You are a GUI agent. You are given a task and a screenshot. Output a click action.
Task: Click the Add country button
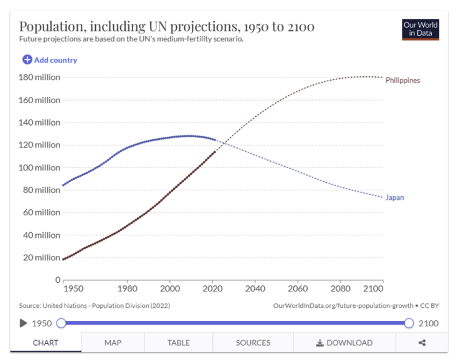[x=50, y=60]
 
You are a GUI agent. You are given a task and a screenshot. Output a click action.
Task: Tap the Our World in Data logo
[x=420, y=29]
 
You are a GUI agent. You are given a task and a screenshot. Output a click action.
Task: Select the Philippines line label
[x=402, y=80]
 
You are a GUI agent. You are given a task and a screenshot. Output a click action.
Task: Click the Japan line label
[x=394, y=198]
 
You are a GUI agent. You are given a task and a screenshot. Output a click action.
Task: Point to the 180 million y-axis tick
[x=39, y=77]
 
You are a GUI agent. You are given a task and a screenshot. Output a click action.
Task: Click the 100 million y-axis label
[x=39, y=167]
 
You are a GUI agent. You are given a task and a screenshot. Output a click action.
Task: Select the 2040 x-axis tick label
[x=255, y=289]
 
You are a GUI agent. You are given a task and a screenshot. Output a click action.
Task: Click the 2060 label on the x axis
[x=297, y=289]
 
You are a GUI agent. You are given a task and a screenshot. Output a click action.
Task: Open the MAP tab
[x=113, y=343]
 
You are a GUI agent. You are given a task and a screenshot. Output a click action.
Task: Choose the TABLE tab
[x=178, y=343]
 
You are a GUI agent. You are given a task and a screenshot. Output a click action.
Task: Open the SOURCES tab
[x=253, y=343]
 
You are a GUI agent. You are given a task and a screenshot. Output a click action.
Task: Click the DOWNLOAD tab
[x=344, y=343]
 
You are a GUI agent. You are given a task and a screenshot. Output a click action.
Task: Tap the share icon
[x=422, y=343]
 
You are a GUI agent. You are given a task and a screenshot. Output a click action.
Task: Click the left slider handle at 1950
[x=61, y=323]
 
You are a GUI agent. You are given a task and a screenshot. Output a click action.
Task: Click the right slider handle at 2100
[x=409, y=323]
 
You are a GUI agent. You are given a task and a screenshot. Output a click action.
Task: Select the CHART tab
[x=45, y=343]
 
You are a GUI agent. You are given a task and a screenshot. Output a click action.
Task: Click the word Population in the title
[x=51, y=27]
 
